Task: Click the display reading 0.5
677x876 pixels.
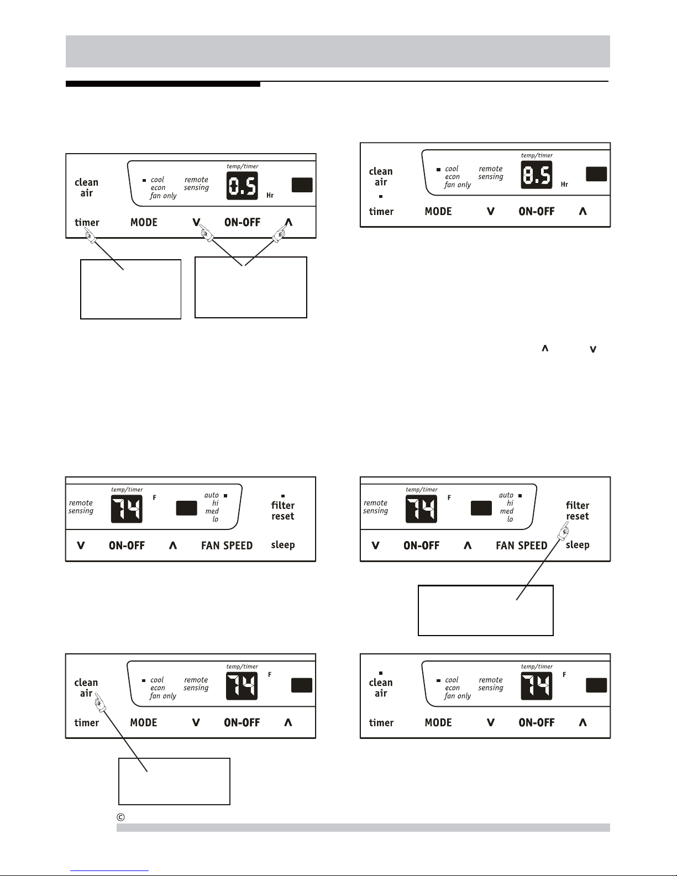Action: [242, 186]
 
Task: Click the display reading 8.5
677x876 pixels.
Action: [537, 175]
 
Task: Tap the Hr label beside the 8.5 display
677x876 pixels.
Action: [564, 184]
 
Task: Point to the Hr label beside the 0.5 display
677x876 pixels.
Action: [270, 195]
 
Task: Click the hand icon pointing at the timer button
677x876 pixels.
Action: [91, 235]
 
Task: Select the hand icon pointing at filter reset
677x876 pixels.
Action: [563, 531]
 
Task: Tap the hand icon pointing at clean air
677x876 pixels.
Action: [100, 702]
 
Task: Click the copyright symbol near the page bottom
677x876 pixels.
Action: [120, 817]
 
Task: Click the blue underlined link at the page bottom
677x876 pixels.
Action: [109, 871]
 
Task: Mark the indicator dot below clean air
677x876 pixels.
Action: [380, 196]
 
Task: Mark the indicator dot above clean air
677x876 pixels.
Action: [380, 673]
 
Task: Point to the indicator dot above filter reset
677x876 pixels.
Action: [283, 496]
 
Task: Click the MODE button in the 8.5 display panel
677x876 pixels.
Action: [438, 211]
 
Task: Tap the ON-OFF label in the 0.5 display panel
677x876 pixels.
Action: [242, 222]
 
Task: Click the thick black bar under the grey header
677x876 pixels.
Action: [163, 84]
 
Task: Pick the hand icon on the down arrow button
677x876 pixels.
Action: [206, 233]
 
